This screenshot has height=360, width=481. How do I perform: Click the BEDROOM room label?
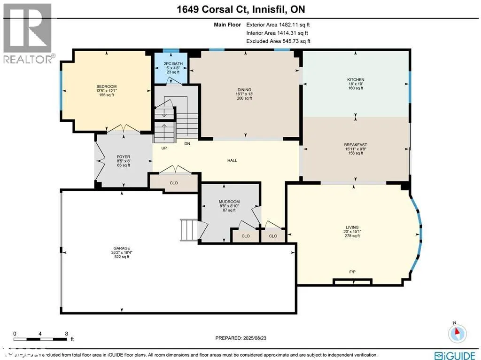pyautogui.click(x=106, y=86)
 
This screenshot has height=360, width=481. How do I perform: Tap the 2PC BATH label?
pyautogui.click(x=171, y=63)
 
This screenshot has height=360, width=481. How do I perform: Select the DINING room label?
pyautogui.click(x=244, y=90)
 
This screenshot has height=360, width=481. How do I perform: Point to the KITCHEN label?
pyautogui.click(x=355, y=79)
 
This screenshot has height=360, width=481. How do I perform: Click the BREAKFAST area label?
pyautogui.click(x=355, y=145)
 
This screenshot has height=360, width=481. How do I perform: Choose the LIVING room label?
pyautogui.click(x=352, y=227)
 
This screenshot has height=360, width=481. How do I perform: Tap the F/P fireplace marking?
pyautogui.click(x=352, y=272)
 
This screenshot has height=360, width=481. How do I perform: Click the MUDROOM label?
pyautogui.click(x=229, y=202)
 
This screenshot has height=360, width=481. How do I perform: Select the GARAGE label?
pyautogui.click(x=121, y=248)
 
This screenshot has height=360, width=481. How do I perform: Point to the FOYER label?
pyautogui.click(x=123, y=157)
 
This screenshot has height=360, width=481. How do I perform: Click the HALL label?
pyautogui.click(x=232, y=160)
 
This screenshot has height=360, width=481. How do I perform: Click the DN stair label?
pyautogui.click(x=187, y=144)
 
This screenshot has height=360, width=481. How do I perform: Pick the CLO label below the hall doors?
pyautogui.click(x=174, y=182)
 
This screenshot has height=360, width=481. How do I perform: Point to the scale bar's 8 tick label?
pyautogui.click(x=66, y=333)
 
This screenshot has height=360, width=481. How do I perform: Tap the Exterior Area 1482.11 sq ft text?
pyautogui.click(x=278, y=24)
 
